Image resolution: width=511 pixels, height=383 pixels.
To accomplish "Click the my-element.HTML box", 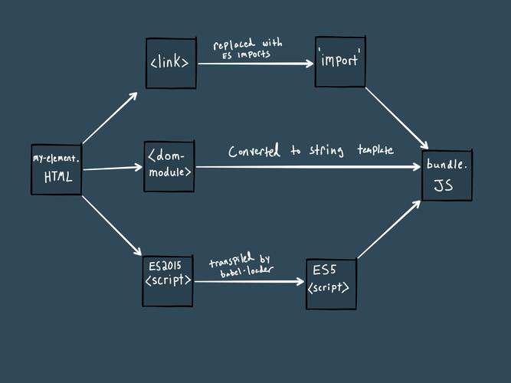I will click(x=56, y=169).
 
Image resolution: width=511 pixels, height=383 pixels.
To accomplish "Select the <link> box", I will click(x=170, y=63).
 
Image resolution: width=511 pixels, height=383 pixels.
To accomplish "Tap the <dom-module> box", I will click(x=169, y=165).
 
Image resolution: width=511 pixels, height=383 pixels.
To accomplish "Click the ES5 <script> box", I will click(x=331, y=283).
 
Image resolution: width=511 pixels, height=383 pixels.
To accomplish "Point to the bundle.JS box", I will click(x=447, y=175).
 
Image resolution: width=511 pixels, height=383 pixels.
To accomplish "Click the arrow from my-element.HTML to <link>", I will click(x=110, y=118).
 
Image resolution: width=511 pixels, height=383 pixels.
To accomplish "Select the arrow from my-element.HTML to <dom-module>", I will click(x=113, y=168).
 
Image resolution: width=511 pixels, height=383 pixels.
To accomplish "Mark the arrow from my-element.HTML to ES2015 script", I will click(x=112, y=226).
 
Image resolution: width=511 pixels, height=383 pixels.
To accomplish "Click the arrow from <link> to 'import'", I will click(x=256, y=64).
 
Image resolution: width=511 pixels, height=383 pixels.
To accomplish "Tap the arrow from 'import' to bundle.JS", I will click(x=396, y=118).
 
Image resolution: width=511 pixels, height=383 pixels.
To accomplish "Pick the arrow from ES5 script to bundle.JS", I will click(x=389, y=229).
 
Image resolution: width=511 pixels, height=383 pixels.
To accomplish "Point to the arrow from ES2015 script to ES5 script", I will click(x=249, y=282).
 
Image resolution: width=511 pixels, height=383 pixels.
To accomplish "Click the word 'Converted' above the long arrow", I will click(x=256, y=152).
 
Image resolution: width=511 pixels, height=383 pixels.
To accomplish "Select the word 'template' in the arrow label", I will click(x=375, y=150).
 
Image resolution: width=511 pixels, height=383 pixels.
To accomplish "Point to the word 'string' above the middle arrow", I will click(x=327, y=151).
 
